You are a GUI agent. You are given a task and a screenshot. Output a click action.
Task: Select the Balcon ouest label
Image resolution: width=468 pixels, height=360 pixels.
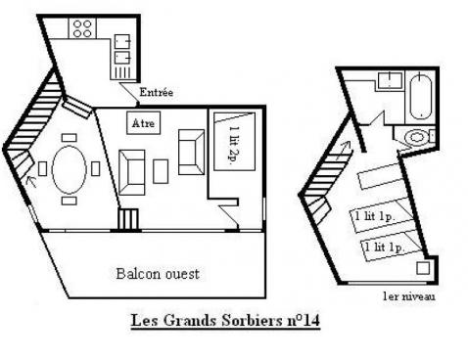158,274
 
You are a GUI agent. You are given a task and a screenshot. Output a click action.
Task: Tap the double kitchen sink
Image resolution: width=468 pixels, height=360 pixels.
122,49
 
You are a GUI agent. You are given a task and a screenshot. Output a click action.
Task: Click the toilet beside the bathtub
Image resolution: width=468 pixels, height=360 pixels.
420,136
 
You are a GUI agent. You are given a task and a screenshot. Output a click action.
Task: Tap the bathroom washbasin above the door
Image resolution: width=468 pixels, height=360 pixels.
388,81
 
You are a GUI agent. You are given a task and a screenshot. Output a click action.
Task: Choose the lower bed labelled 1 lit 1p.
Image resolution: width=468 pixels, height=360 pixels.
385,247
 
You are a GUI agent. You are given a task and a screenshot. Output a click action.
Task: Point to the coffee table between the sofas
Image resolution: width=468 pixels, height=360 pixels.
161,167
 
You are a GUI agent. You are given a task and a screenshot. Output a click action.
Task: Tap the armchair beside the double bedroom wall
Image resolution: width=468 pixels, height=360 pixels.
190,148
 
